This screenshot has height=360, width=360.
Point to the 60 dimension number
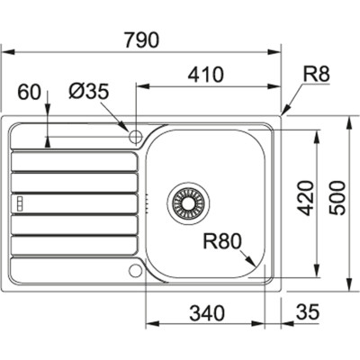pyautogui.click(x=31, y=91)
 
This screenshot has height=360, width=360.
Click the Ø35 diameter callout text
pyautogui.click(x=88, y=91)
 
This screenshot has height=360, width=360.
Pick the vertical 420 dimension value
pyautogui.click(x=303, y=204)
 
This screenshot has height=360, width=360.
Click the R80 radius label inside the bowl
pyautogui.click(x=221, y=240)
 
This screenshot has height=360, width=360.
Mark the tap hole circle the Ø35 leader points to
pyautogui.click(x=136, y=137)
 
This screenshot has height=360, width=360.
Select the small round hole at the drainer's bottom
pyautogui.click(x=135, y=269)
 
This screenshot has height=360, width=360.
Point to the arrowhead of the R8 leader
pyautogui.click(x=284, y=113)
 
